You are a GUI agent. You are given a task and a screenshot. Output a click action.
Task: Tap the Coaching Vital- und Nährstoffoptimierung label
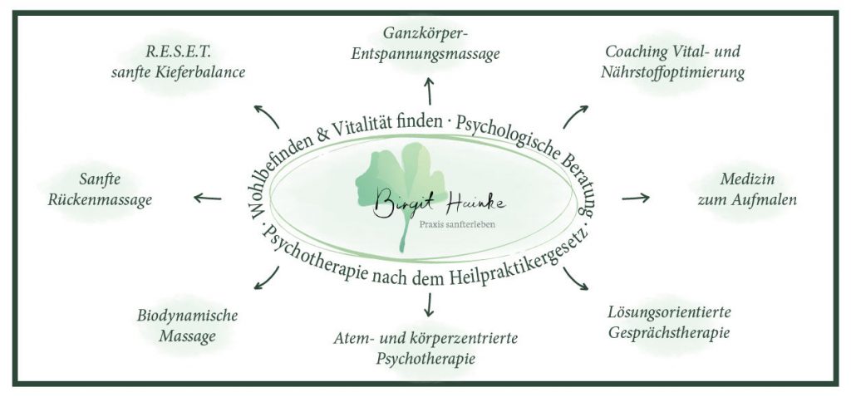point(674,62)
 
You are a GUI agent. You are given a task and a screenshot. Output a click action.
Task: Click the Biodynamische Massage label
point(188,326)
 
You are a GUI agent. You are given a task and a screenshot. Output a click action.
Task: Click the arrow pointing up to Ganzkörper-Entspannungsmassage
point(430,89)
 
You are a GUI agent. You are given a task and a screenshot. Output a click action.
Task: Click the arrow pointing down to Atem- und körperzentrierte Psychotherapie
point(429,306)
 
